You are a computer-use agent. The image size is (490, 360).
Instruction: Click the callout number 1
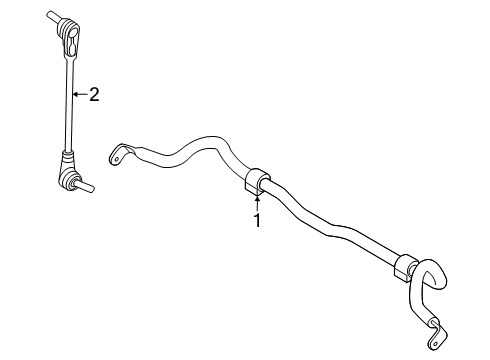click(256, 221)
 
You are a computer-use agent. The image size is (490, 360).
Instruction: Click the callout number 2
click(94, 95)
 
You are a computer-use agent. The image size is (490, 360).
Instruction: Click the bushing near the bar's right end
click(404, 269)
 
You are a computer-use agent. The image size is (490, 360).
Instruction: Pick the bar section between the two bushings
click(330, 227)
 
